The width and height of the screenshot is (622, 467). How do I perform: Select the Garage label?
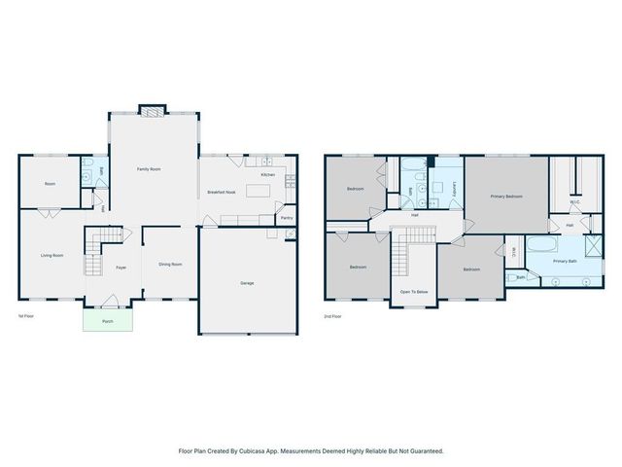(x=248, y=283)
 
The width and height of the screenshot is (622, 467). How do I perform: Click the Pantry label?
(x=287, y=218)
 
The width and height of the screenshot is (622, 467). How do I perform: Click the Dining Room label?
(x=171, y=264)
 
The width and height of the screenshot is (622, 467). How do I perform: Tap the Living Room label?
(x=52, y=255)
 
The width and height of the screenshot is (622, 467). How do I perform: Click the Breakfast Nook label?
(x=223, y=193)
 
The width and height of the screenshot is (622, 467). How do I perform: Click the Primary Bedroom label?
(x=506, y=197)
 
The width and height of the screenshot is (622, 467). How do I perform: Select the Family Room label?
(x=149, y=169)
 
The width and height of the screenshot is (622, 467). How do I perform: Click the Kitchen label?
(x=267, y=174)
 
